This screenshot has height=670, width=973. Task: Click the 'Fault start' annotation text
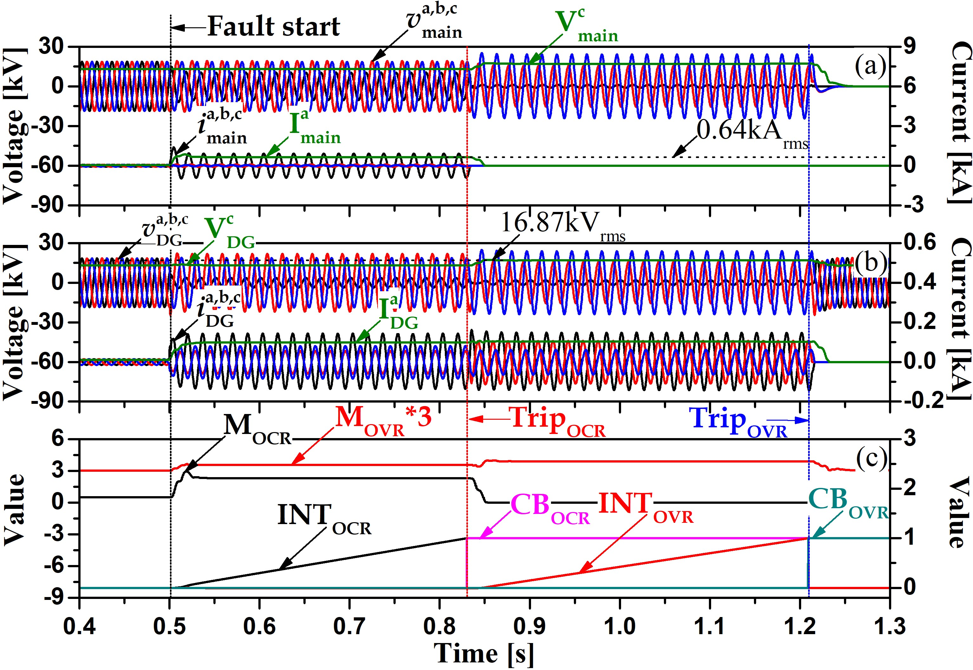[x=274, y=26]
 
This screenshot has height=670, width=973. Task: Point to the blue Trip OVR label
[x=738, y=421]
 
